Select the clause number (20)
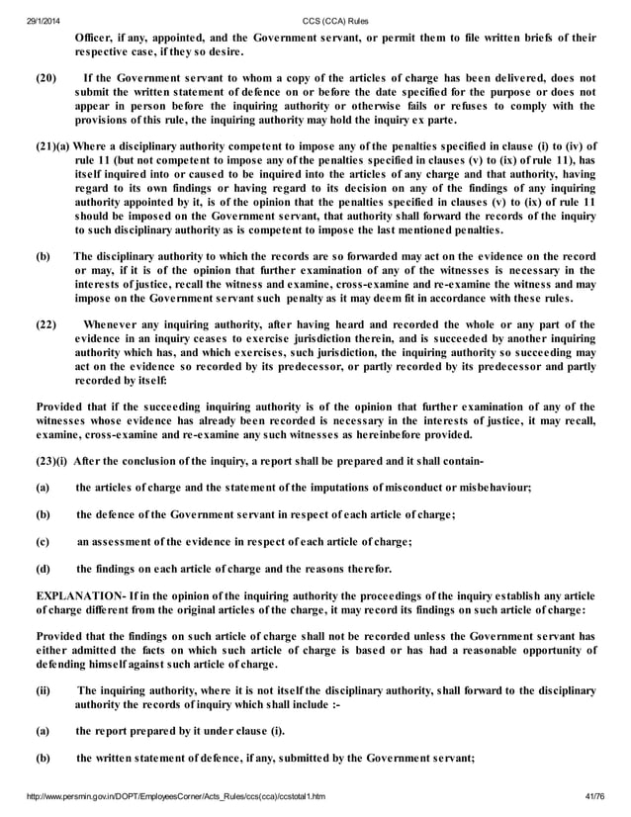pos(47,76)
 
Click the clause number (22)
pos(47,323)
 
